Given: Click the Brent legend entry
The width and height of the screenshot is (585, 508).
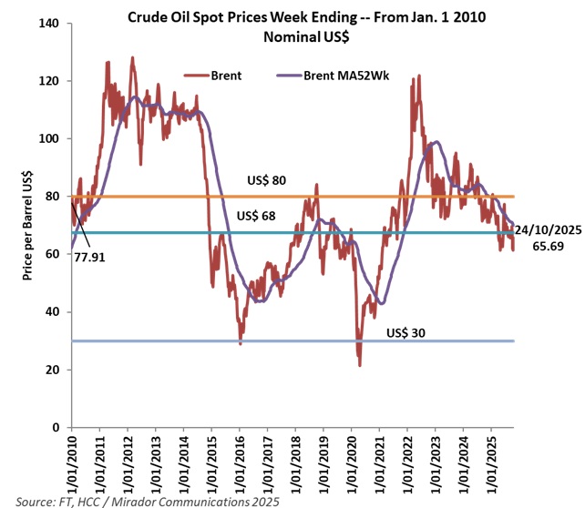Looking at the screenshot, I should [227, 76].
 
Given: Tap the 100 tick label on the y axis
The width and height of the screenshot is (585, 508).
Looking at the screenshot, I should [50, 138].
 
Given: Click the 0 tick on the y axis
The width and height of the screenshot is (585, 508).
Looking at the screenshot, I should [57, 428].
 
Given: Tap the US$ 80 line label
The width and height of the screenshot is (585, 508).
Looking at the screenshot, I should [267, 181].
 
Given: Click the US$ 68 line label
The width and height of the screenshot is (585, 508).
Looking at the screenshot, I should [256, 217].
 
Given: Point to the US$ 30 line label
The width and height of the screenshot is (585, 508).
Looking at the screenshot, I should [406, 331].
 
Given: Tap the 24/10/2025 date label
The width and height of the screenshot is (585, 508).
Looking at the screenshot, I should [549, 229].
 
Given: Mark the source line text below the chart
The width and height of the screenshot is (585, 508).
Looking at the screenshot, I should [150, 500].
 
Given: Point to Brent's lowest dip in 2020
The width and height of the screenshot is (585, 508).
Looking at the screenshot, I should [360, 365].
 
